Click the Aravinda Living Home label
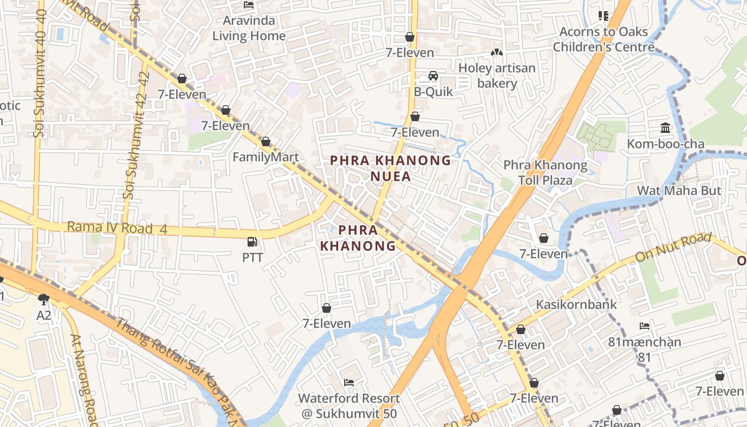[249, 28]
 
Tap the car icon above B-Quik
[433, 76]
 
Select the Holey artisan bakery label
[497, 75]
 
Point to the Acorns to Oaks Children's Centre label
[603, 39]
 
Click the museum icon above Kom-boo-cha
[665, 128]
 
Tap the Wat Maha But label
[679, 191]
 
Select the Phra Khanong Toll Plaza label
[545, 172]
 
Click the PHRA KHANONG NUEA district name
[391, 168]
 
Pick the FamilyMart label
[266, 157]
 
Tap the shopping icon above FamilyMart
[266, 142]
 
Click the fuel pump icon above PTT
[252, 242]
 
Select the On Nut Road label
[673, 248]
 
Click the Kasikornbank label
[576, 304]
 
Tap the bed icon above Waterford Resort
[349, 383]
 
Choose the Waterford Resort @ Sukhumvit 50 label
[349, 406]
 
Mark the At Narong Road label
[82, 379]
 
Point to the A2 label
[44, 315]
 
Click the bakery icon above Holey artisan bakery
[497, 53]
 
